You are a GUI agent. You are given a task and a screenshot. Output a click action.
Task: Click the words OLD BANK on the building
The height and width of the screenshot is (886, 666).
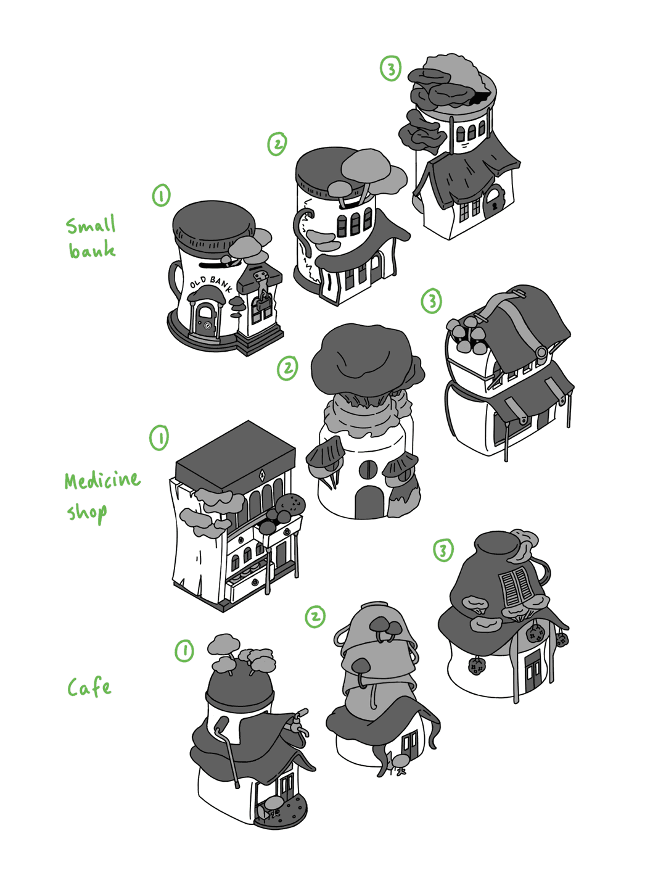(x=211, y=284)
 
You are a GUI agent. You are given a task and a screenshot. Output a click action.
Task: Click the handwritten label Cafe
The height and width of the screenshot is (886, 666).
(x=89, y=687)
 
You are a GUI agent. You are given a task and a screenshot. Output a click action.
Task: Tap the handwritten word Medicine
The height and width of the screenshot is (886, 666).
(x=102, y=481)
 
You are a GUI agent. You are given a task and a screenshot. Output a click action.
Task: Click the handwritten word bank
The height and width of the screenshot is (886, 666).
(x=92, y=250)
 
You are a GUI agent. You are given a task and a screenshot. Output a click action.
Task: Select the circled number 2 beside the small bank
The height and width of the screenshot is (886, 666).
(x=277, y=144)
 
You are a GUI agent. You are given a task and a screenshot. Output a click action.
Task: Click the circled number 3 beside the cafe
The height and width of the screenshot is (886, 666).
(x=443, y=550)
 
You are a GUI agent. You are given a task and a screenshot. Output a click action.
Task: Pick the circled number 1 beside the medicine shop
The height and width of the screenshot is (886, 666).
(x=159, y=438)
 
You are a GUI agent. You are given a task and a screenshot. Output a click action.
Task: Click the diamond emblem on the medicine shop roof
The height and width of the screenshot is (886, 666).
(x=262, y=475)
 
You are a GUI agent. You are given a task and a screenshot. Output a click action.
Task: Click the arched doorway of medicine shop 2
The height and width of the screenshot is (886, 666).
(x=369, y=503)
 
